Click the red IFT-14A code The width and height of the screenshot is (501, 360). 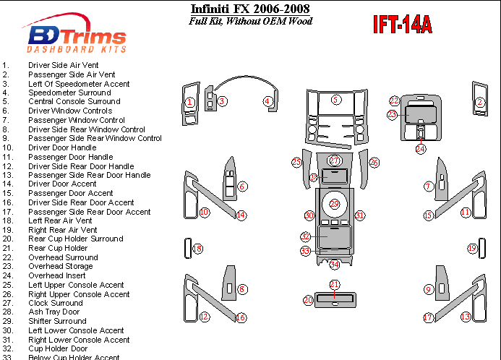[x=402, y=25]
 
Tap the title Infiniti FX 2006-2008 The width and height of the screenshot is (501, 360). [x=250, y=9]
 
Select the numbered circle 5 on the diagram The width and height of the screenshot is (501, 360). [x=335, y=99]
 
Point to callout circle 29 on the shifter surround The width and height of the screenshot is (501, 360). [x=334, y=204]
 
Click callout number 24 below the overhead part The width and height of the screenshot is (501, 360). [x=421, y=148]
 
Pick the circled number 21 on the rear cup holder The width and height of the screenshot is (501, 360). [x=334, y=284]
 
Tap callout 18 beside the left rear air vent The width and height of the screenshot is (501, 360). [x=198, y=249]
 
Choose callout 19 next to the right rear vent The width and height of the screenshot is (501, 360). [x=472, y=249]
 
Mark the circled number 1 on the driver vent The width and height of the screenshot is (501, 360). [x=189, y=103]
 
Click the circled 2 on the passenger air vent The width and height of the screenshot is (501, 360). [x=479, y=103]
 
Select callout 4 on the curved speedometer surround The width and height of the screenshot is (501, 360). [x=267, y=101]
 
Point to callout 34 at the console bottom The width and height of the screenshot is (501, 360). [x=334, y=265]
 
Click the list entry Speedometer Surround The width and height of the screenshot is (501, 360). [x=69, y=93]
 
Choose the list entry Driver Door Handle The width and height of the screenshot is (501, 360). [x=62, y=147]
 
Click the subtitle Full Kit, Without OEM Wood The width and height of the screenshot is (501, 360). [x=250, y=21]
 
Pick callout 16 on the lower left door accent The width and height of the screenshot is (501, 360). [x=241, y=317]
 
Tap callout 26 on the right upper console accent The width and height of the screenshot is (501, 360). [x=374, y=163]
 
